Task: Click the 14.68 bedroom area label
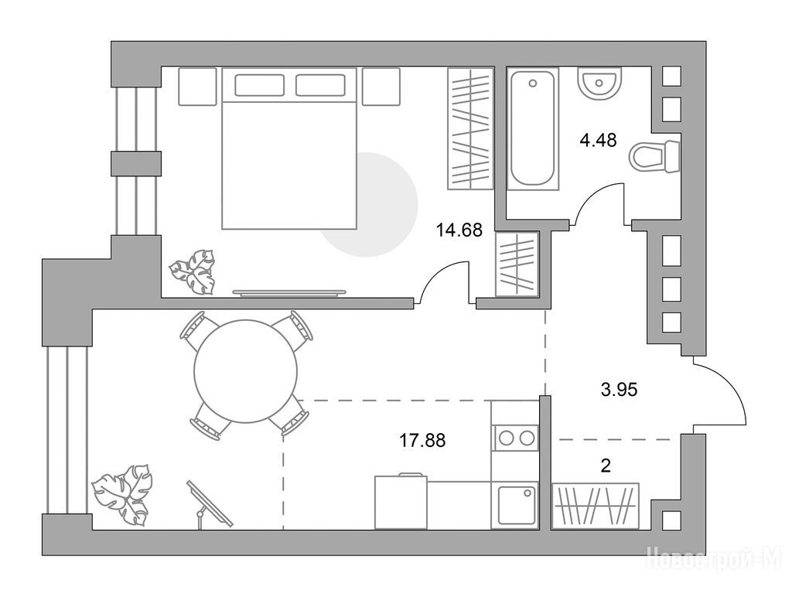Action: (459, 230)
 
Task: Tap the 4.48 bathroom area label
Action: (598, 139)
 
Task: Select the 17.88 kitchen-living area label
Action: (423, 440)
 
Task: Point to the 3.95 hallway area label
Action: (620, 390)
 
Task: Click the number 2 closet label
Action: (606, 465)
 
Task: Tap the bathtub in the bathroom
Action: (533, 129)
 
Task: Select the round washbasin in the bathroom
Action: (599, 84)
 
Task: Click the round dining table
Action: (245, 371)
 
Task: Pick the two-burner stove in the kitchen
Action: (515, 438)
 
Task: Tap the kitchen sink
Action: (515, 506)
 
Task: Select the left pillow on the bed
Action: (259, 85)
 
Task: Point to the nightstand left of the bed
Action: (198, 87)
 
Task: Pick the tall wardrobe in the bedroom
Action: (469, 128)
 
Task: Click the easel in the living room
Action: (208, 504)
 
